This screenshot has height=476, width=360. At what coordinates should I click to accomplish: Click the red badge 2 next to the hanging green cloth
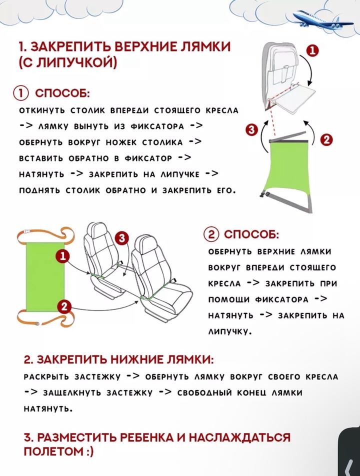click(326, 140)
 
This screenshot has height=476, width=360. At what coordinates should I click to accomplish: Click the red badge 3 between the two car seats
click(121, 238)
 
